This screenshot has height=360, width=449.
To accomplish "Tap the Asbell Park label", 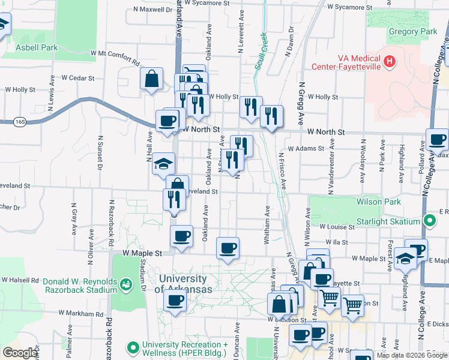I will [37, 47].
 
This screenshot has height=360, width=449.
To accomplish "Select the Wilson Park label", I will [378, 202].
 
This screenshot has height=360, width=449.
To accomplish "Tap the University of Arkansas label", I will [184, 284].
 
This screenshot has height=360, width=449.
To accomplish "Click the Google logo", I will [20, 353].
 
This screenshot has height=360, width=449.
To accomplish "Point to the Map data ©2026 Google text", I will [411, 355].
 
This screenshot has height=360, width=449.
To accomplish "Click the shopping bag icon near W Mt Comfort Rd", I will [152, 79].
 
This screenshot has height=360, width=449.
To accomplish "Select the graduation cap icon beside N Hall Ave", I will [163, 163].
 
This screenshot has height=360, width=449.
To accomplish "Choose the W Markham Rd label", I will [82, 313].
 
